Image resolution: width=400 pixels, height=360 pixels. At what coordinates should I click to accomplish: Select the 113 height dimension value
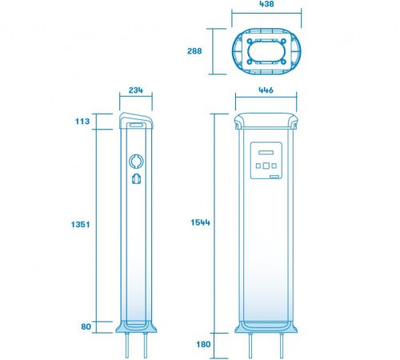(81, 122)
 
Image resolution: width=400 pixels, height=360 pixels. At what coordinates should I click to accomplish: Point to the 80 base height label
(85, 326)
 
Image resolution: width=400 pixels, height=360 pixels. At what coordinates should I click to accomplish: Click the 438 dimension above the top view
(265, 5)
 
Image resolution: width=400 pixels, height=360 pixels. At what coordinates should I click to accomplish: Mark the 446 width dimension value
(266, 91)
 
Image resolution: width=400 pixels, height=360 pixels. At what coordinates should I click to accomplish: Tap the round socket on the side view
(135, 159)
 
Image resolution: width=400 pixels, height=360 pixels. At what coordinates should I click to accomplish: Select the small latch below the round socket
(135, 178)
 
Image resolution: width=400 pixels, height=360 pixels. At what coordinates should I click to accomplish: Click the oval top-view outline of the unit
(265, 50)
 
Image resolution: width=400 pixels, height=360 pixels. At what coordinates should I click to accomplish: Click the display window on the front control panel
(266, 150)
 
